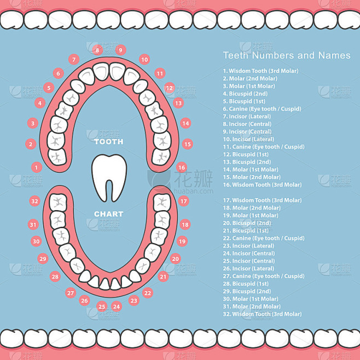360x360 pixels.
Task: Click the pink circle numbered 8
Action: (x=97, y=50)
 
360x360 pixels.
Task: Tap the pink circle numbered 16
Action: (x=182, y=167)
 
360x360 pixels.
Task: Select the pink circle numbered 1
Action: (x=37, y=167)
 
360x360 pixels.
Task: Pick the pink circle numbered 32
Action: (x=35, y=201)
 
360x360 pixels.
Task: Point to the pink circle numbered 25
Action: (x=102, y=306)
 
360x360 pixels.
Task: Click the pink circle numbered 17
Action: (x=184, y=201)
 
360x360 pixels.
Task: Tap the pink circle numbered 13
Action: (x=178, y=103)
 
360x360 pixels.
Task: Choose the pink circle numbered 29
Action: (x=43, y=259)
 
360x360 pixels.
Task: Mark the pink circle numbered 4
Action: (x=39, y=103)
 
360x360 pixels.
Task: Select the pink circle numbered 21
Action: (x=163, y=277)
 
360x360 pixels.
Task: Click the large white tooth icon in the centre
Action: (x=109, y=176)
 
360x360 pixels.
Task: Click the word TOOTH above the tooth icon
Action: (x=109, y=142)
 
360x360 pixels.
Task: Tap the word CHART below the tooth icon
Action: (x=109, y=214)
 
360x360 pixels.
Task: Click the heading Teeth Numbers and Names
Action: (x=287, y=55)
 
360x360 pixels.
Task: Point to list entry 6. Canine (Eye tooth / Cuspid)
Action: (x=262, y=109)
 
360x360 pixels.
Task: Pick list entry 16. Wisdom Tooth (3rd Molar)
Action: (x=262, y=185)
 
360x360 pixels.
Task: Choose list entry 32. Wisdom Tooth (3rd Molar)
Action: (x=262, y=314)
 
